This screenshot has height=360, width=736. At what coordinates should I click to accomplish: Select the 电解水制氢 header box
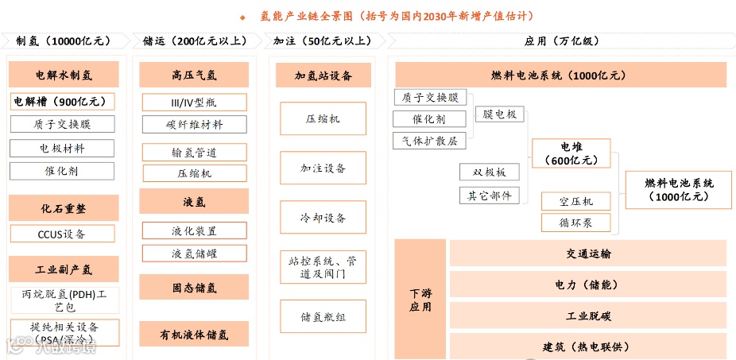pyautogui.click(x=64, y=75)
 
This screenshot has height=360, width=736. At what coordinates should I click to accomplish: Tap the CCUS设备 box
pyautogui.click(x=63, y=234)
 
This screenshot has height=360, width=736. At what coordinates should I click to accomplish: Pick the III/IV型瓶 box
pyautogui.click(x=194, y=103)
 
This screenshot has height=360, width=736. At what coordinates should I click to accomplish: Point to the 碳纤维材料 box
pyautogui.click(x=194, y=125)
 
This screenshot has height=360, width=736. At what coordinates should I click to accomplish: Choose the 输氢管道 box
pyautogui.click(x=194, y=152)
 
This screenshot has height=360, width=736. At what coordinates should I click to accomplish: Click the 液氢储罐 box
pyautogui.click(x=194, y=254)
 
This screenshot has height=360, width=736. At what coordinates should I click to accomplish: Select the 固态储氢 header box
pyautogui.click(x=194, y=287)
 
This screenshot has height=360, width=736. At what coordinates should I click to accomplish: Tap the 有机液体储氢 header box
pyautogui.click(x=194, y=333)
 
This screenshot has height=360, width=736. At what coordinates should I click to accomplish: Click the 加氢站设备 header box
pyautogui.click(x=323, y=75)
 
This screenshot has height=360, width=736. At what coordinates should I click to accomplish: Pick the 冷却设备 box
pyautogui.click(x=323, y=218)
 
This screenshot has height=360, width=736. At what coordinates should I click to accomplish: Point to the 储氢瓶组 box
pyautogui.click(x=323, y=317)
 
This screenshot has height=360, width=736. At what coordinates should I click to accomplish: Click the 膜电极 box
pyautogui.click(x=500, y=114)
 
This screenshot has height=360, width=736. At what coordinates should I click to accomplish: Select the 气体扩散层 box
pyautogui.click(x=429, y=141)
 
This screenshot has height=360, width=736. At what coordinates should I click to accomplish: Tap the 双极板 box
pyautogui.click(x=490, y=172)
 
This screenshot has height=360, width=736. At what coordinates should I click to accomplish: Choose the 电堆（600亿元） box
pyautogui.click(x=571, y=153)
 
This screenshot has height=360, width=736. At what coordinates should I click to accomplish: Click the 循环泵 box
pyautogui.click(x=576, y=223)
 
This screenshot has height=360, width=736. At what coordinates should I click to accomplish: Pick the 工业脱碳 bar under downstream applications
pyautogui.click(x=588, y=316)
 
